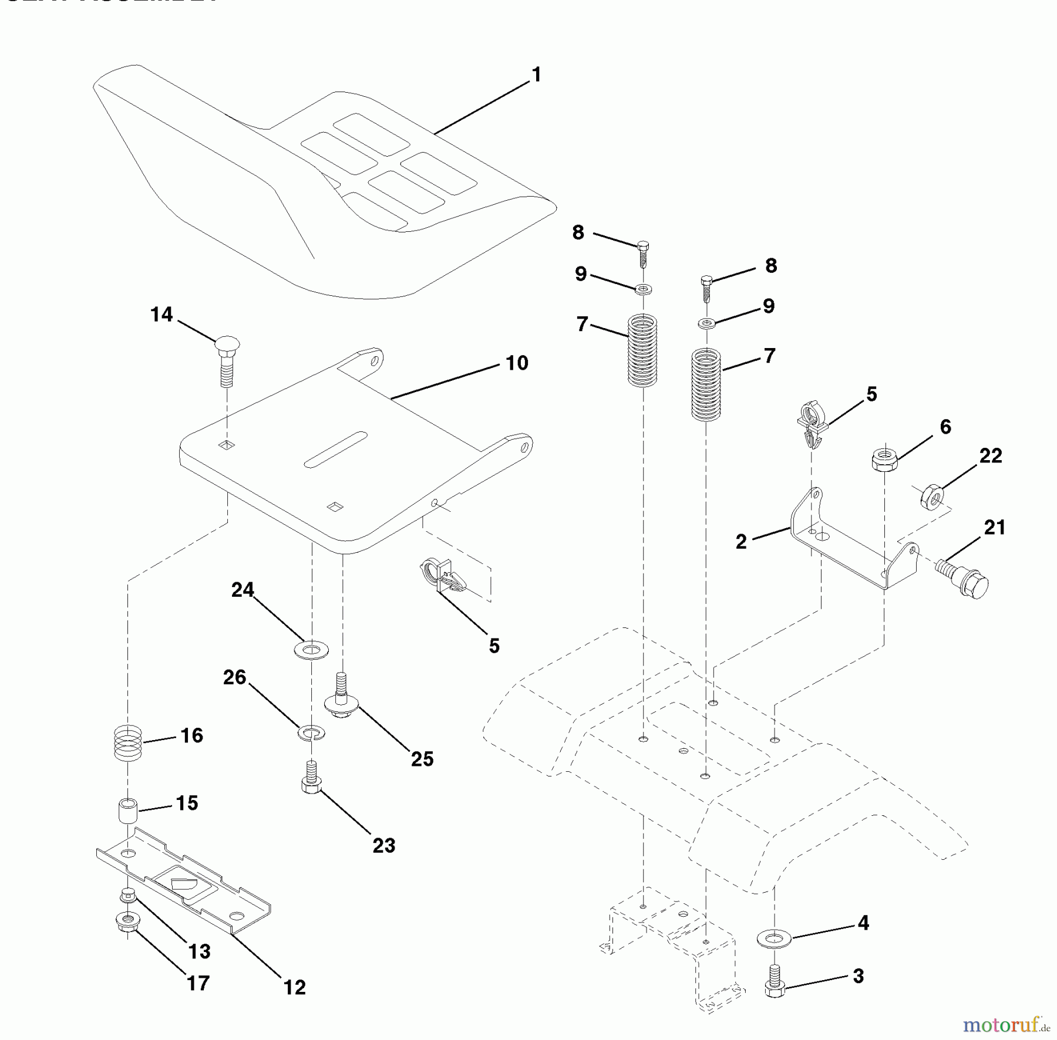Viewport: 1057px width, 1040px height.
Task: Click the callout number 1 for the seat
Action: click(536, 75)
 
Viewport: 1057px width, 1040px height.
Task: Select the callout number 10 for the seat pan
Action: click(517, 363)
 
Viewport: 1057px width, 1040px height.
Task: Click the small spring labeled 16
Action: click(127, 744)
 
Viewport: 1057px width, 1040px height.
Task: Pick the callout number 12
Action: click(295, 988)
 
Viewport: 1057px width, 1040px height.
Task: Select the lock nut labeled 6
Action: click(883, 459)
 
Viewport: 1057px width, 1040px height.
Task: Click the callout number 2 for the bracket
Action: click(741, 542)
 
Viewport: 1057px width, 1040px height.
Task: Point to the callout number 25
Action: click(422, 759)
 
